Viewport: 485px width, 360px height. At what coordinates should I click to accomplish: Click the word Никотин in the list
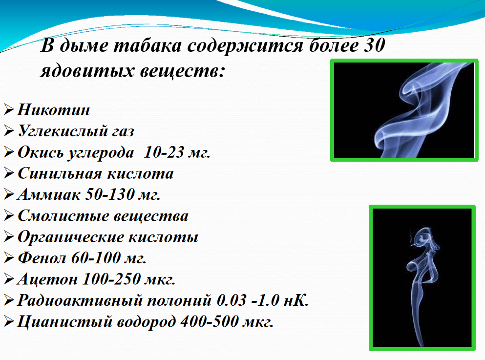click(54, 110)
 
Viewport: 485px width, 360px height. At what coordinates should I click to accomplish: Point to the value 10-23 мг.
click(177, 152)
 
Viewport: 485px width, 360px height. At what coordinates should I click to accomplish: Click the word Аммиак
click(48, 194)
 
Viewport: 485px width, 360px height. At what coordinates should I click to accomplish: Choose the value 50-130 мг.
click(123, 194)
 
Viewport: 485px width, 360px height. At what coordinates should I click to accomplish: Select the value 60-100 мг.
click(108, 257)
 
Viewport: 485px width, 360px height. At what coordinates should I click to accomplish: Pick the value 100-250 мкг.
click(129, 279)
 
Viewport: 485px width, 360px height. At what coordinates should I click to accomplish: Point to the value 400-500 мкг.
click(227, 321)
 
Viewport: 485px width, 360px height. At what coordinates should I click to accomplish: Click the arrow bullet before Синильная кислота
click(9, 173)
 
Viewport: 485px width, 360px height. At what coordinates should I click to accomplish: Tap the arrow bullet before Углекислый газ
click(9, 131)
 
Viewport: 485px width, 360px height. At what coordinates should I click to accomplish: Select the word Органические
click(70, 237)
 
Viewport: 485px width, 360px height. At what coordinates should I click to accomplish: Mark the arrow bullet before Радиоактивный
click(9, 300)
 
